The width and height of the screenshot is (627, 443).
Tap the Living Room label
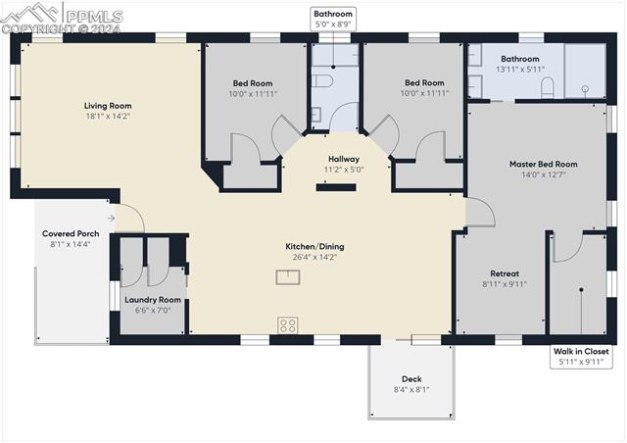(108, 106)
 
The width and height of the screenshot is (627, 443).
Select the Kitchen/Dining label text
(314, 246)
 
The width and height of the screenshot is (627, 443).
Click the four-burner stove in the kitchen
(288, 324)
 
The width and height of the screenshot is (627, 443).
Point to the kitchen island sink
(288, 276)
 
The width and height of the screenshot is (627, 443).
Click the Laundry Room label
(153, 299)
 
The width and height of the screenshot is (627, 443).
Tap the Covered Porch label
(71, 233)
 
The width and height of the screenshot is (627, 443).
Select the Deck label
(411, 378)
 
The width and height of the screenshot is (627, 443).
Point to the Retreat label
(505, 273)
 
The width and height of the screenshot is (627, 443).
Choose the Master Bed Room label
(543, 164)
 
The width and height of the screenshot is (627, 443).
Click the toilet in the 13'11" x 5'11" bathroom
(549, 88)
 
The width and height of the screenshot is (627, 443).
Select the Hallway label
(343, 159)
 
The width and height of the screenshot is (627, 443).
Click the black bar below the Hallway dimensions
(335, 186)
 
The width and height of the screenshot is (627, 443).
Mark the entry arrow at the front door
(111, 219)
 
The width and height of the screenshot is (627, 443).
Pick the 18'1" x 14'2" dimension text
(108, 117)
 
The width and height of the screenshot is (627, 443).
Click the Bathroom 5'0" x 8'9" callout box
(333, 19)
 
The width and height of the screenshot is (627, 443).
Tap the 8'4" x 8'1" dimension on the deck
(411, 389)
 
